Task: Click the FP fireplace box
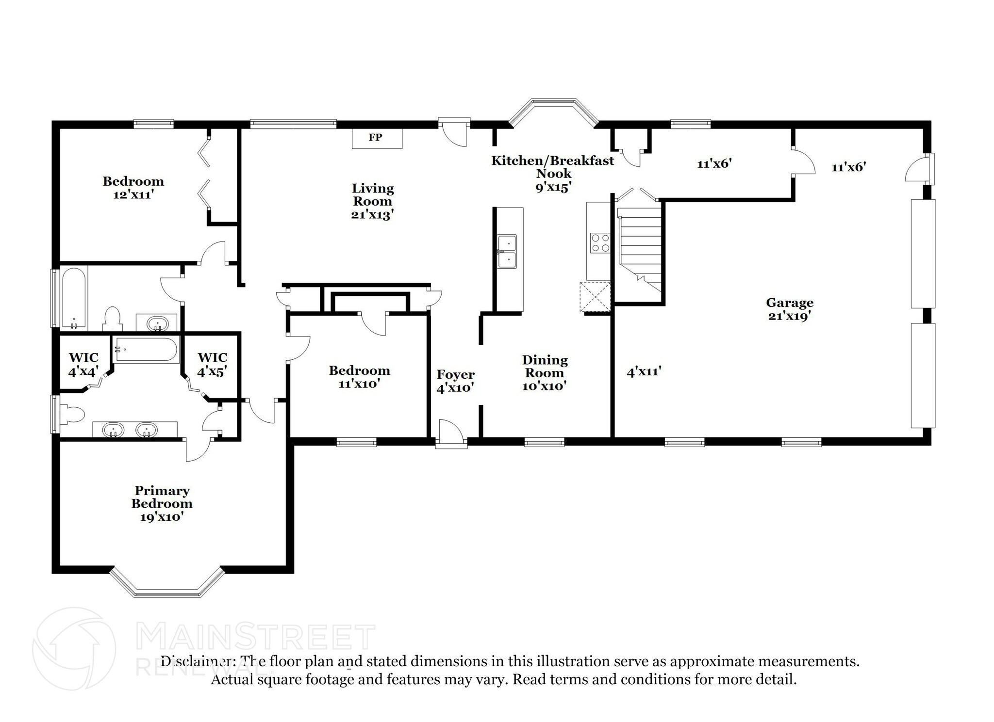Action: (x=377, y=138)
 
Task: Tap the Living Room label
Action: (x=372, y=201)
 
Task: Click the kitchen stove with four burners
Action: (x=599, y=243)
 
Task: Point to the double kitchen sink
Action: (x=507, y=251)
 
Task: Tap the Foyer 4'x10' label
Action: (x=455, y=381)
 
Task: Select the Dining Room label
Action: (x=545, y=373)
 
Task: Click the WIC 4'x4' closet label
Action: (x=83, y=365)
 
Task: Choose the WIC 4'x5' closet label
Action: (x=212, y=365)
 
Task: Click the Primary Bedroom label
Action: (x=162, y=503)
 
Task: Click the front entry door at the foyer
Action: (x=451, y=433)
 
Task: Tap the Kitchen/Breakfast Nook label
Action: (x=553, y=174)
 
